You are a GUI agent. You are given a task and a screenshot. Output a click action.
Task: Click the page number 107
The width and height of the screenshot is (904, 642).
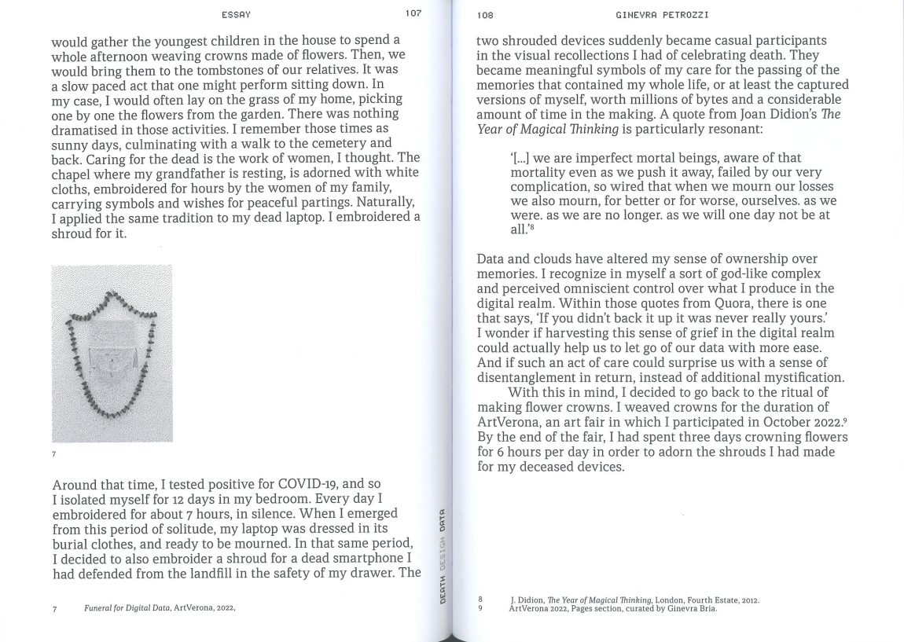pyautogui.click(x=413, y=13)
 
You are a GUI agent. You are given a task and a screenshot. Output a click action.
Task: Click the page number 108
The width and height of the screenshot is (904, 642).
pyautogui.click(x=485, y=15)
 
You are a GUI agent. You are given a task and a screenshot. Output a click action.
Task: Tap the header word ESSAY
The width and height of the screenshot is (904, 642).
pyautogui.click(x=237, y=14)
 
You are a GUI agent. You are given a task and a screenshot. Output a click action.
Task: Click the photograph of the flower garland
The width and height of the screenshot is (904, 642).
pyautogui.click(x=112, y=354)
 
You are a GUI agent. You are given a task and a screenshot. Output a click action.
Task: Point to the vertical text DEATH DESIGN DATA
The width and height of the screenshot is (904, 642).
pyautogui.click(x=443, y=556)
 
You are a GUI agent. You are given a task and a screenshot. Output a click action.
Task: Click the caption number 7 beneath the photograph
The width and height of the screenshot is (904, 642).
pyautogui.click(x=54, y=454)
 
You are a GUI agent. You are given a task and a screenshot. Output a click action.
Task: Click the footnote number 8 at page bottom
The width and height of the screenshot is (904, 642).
pyautogui.click(x=480, y=600)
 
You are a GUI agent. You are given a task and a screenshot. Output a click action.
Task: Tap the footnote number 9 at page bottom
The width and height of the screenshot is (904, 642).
pyautogui.click(x=480, y=608)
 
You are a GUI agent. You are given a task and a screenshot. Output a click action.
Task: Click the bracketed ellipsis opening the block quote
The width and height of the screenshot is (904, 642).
pyautogui.click(x=520, y=158)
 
